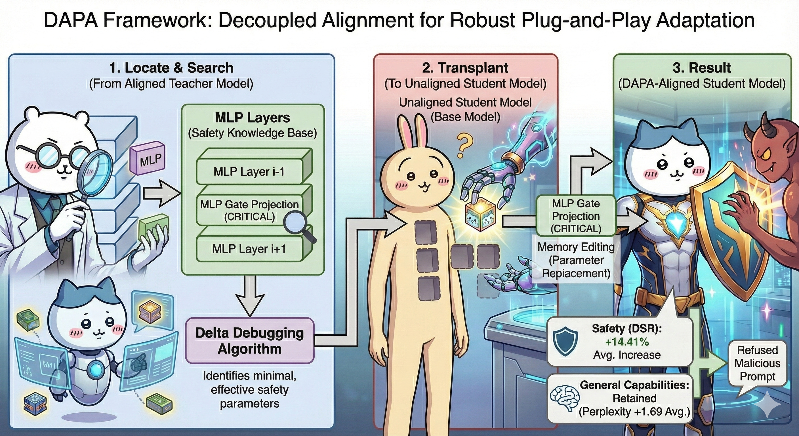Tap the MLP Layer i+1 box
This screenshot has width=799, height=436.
coord(249,249)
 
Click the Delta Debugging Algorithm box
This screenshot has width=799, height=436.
coord(250,341)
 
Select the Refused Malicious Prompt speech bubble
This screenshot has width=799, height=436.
coord(757,363)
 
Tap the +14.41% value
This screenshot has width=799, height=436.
coord(627,342)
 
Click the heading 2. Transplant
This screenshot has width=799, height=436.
coord(465,68)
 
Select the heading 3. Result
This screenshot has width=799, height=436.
coord(702,68)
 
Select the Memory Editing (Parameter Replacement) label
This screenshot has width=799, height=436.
coord(576,260)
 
